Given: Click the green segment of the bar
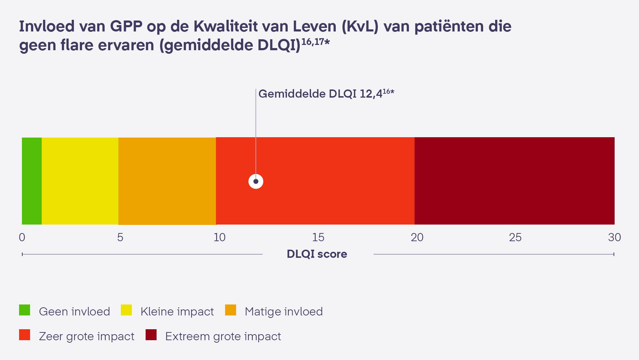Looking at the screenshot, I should tap(32, 181).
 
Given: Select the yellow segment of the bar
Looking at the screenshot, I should tap(80, 181).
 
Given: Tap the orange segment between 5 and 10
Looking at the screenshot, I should tap(167, 181).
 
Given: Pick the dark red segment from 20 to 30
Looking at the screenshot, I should tap(514, 181).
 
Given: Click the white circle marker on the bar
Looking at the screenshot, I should tap(256, 181).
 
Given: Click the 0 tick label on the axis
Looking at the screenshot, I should tap(22, 237).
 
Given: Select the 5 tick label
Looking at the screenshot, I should tap(120, 237).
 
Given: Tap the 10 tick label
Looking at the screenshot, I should tap(219, 237).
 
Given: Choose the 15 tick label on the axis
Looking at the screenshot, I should tap(318, 237).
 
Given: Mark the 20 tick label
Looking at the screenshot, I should tap(417, 237).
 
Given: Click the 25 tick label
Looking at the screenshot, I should tap(515, 237).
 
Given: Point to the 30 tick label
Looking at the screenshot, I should tap(614, 237).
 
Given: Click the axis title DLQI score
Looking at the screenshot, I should tap(317, 254).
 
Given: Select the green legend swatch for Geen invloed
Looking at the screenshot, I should tap(24, 310).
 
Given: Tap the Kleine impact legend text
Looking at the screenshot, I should tap(177, 312).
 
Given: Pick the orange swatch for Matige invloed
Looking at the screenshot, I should tap(230, 310).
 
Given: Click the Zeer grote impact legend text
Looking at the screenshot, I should tap(87, 336).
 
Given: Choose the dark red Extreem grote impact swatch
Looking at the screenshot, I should tap(151, 335).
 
